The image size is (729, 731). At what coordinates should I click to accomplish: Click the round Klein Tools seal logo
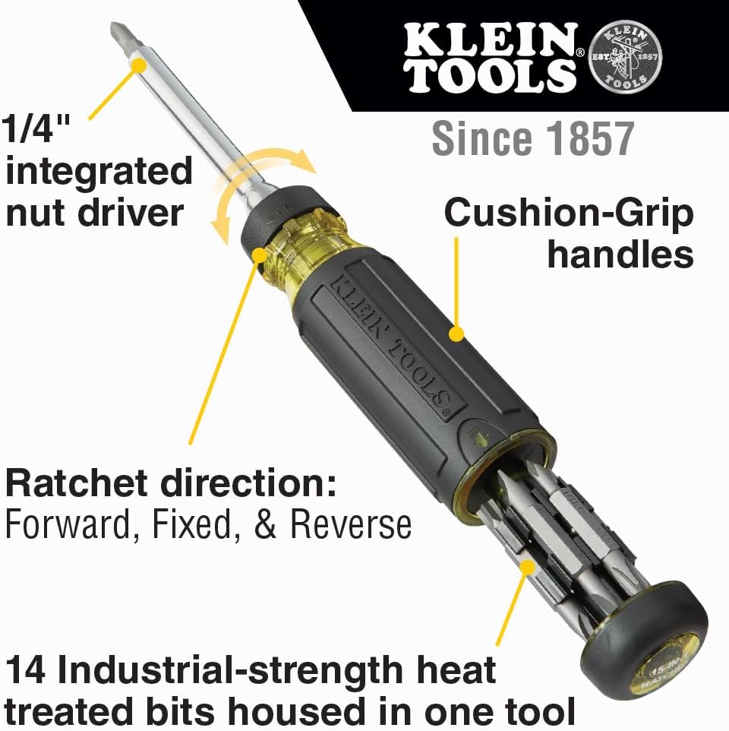pos(626,59)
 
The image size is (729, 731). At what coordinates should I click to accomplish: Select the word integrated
pos(99,172)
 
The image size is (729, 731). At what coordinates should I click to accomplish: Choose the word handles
pos(620,254)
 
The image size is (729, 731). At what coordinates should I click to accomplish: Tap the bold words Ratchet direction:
pos(171,483)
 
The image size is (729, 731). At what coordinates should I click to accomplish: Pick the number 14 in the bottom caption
pos(31,671)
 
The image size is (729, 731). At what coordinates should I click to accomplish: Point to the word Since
pos(478,138)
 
